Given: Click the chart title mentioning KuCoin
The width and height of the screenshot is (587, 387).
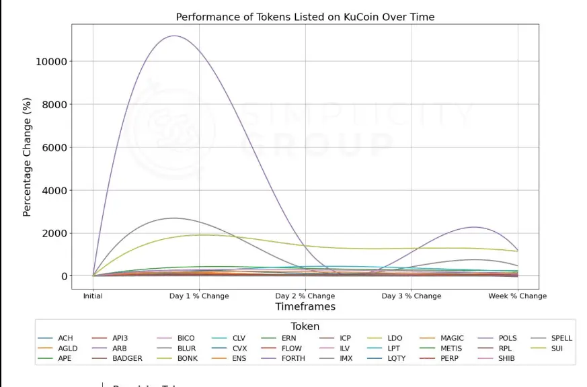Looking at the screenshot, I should pos(305,17).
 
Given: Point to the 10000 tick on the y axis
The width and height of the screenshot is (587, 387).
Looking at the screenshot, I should pos(50,62).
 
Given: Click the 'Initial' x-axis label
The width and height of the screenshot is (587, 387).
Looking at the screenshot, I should pos(93,296).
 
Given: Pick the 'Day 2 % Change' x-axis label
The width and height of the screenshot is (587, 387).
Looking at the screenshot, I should pos(305,296).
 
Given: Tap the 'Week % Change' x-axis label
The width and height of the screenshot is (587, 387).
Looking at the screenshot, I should pos(517,296).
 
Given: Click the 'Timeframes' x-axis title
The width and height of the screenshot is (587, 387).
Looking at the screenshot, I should pos(305,307).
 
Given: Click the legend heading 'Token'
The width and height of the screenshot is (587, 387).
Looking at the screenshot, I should pos(305,327).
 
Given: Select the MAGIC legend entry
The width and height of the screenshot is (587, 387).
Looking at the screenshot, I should pos(452,338).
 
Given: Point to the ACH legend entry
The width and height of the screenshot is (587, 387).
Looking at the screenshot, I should pos(65,338).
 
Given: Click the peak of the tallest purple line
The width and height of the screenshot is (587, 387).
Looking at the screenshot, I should pos(174,36).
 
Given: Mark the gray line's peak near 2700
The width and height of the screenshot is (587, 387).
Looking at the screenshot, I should pos(174,218).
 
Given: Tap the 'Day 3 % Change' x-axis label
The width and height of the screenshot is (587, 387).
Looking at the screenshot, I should pos(412,296).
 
